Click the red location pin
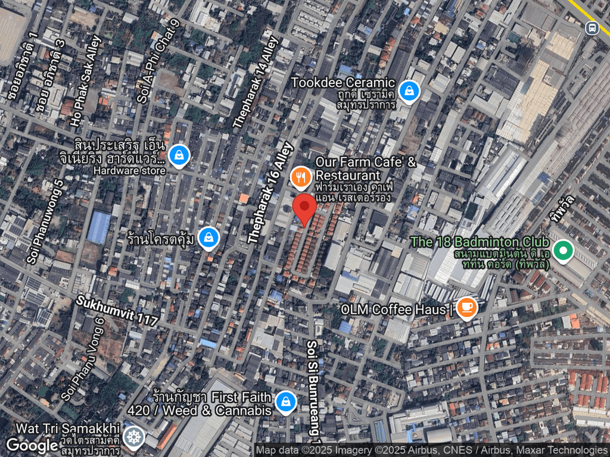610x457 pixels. (306, 209)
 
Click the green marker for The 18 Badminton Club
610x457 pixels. (562, 251)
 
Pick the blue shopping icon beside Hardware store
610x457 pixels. (179, 156)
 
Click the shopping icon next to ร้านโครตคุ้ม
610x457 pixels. (208, 238)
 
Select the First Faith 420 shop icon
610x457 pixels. (287, 402)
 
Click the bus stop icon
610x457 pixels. (592, 28)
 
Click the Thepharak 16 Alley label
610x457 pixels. (271, 192)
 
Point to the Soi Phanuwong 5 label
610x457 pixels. (45, 221)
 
